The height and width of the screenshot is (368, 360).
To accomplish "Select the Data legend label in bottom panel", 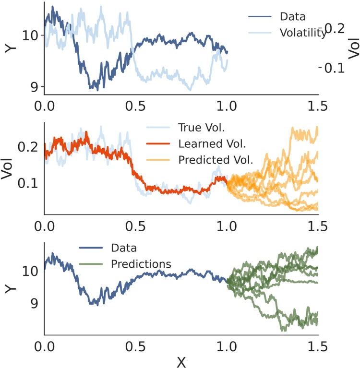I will [123, 248].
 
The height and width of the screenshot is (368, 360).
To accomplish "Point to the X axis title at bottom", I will [181, 361].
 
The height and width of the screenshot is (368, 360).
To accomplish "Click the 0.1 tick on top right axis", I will [334, 68].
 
